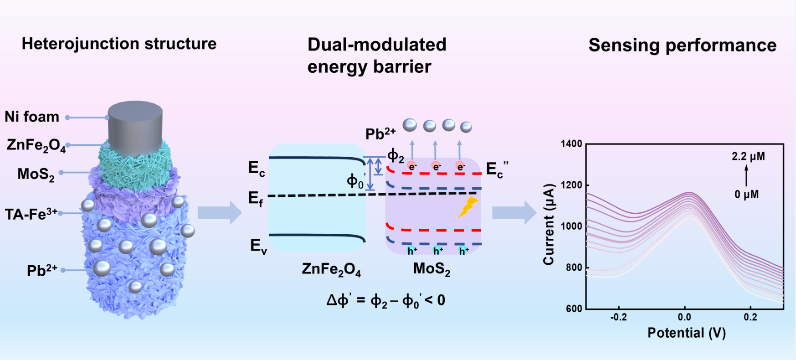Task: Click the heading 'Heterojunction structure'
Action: tap(119, 44)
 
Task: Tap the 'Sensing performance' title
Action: tap(682, 45)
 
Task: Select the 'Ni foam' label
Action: tap(32, 117)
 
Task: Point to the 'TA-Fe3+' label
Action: tap(31, 214)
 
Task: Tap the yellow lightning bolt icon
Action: tap(467, 208)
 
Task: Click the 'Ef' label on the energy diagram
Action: tap(256, 199)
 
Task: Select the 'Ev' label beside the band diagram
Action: tap(258, 246)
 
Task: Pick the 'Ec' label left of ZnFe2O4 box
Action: tap(257, 168)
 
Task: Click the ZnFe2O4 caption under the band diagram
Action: tap(331, 269)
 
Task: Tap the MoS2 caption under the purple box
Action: tap(431, 269)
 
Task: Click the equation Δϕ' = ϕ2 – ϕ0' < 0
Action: tap(385, 301)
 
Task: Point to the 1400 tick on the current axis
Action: tap(571, 144)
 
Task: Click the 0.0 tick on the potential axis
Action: tap(684, 317)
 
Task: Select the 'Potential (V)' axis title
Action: tap(687, 333)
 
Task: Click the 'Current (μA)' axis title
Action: tap(549, 224)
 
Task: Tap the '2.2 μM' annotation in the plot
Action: tap(748, 157)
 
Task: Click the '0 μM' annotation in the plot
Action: tap(746, 195)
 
